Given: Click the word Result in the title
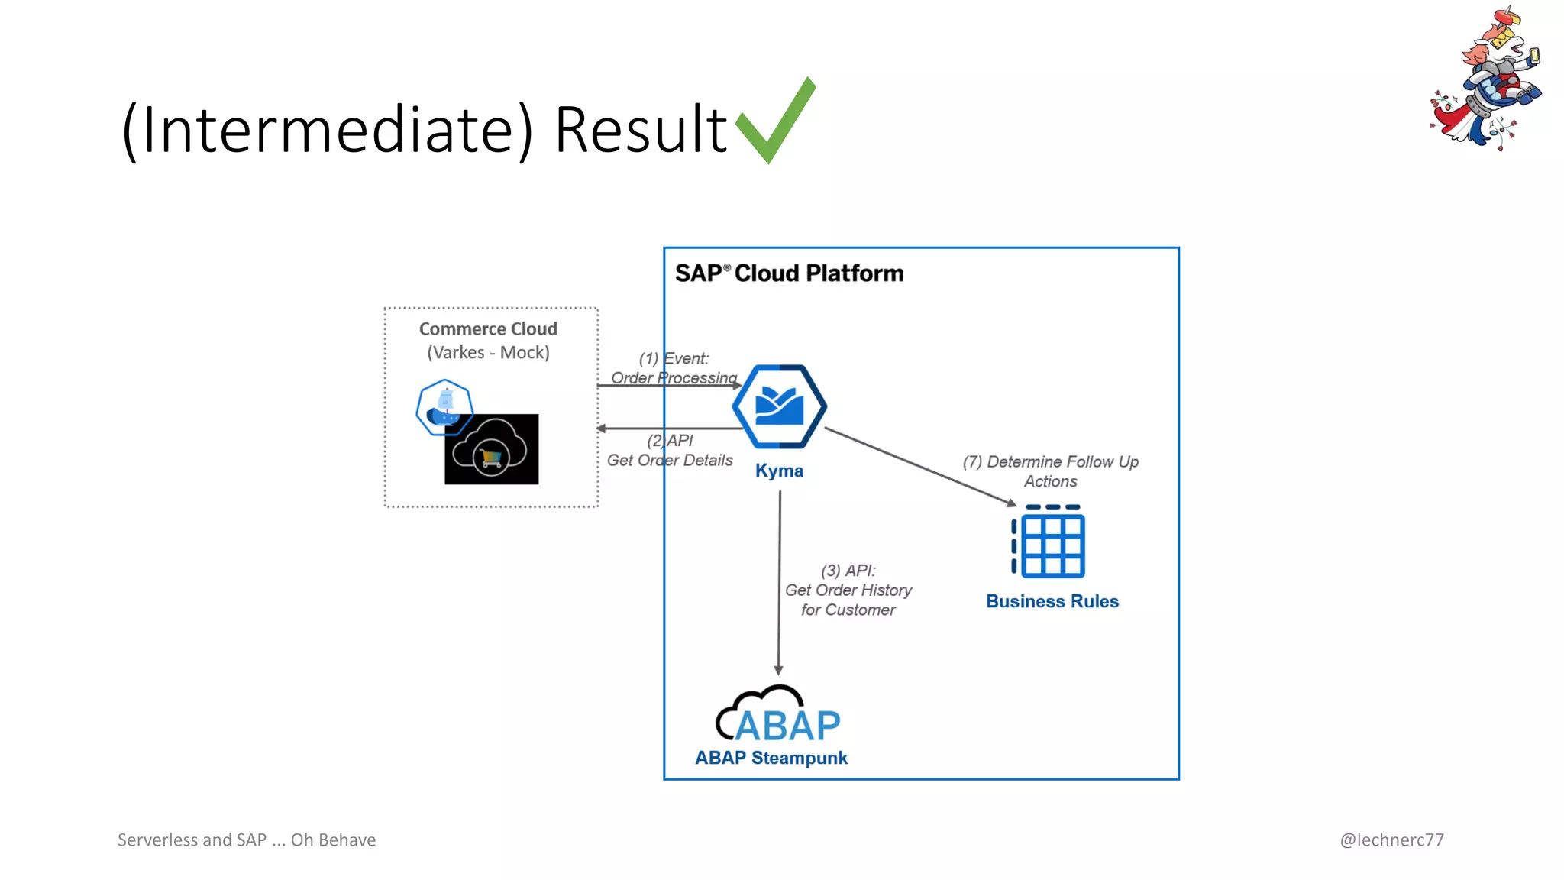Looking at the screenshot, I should click(640, 129).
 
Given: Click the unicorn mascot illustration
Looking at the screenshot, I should click(1486, 80).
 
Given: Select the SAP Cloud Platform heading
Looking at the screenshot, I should click(789, 273).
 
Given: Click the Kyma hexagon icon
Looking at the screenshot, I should click(779, 406).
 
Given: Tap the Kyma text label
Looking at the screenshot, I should click(779, 471).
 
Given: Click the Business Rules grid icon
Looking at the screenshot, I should click(1049, 542).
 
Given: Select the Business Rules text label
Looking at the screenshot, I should click(1052, 601).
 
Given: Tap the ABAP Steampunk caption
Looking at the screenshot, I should click(771, 758).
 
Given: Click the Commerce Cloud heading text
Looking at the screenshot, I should click(488, 329).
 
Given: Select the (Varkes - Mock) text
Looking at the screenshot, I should click(488, 353).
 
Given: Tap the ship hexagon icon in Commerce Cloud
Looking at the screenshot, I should click(444, 406).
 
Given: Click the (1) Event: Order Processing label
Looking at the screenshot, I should click(674, 368).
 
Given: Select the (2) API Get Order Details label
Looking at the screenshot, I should click(670, 451).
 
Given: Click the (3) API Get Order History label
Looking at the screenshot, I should click(848, 590).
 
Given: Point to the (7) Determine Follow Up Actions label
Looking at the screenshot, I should click(1050, 471).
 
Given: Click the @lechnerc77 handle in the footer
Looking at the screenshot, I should click(1391, 840).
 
